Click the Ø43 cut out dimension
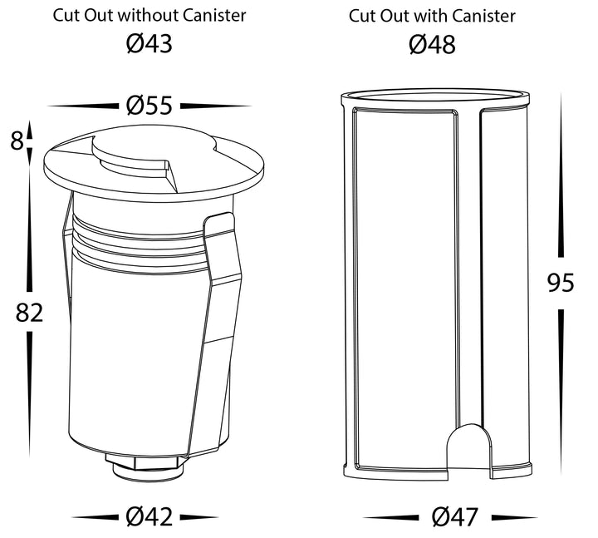click(149, 43)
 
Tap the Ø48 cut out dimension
click(432, 44)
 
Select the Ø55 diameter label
click(149, 106)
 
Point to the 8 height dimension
click(17, 141)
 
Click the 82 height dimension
click(29, 312)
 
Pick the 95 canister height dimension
click(561, 283)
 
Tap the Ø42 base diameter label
click(149, 516)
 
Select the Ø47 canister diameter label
click(454, 516)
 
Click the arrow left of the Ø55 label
click(83, 106)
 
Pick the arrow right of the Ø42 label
click(199, 518)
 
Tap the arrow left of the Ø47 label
click(390, 518)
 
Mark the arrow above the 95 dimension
click(561, 175)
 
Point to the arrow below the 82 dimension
click(29, 394)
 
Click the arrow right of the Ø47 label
click(514, 518)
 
